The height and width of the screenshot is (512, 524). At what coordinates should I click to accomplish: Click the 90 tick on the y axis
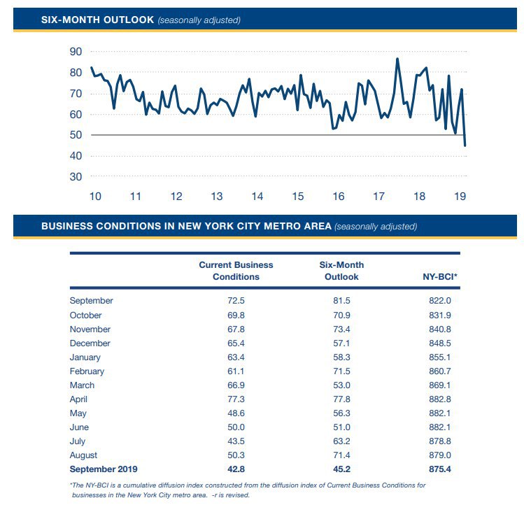click(x=76, y=52)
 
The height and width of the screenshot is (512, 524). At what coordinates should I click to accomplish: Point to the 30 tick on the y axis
click(x=76, y=176)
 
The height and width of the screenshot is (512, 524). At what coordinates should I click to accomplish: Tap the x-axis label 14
click(x=257, y=196)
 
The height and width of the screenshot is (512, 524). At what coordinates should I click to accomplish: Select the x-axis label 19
click(x=460, y=196)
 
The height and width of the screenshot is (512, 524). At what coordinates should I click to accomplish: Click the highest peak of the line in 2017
click(x=397, y=59)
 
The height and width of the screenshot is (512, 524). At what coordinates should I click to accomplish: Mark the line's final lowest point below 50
click(x=465, y=145)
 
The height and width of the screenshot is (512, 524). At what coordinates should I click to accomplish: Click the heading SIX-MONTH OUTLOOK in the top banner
click(x=97, y=20)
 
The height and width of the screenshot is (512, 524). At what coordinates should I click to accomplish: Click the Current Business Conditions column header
click(x=236, y=271)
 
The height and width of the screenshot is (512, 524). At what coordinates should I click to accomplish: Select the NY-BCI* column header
click(x=440, y=277)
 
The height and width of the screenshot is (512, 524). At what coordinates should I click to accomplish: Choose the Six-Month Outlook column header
click(x=341, y=271)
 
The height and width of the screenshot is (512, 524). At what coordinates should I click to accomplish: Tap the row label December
click(x=90, y=343)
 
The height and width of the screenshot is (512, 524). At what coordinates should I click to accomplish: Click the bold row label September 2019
click(x=104, y=469)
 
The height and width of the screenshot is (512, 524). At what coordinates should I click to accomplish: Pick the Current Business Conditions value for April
click(x=236, y=399)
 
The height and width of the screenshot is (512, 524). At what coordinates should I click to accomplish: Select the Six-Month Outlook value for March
click(x=341, y=385)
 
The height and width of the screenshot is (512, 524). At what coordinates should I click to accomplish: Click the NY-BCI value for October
click(x=440, y=315)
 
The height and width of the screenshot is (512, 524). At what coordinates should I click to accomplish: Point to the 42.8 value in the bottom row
click(x=236, y=469)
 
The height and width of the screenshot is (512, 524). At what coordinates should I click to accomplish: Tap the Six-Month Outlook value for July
click(x=341, y=441)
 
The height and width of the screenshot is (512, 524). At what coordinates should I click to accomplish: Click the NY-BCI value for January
click(x=440, y=357)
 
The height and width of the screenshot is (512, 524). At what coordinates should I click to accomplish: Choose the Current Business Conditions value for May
click(x=236, y=413)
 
